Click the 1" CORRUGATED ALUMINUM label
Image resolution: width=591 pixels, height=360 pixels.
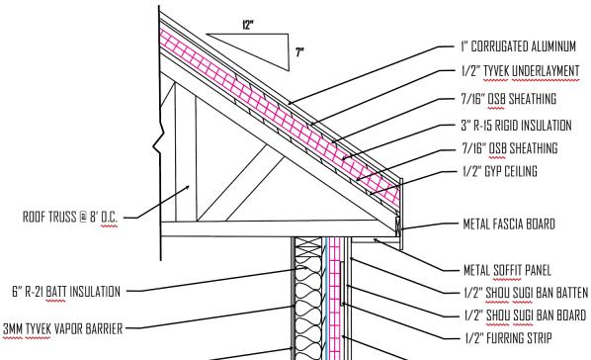[x=518, y=46]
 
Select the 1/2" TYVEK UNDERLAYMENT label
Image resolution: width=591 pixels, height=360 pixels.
[x=520, y=71]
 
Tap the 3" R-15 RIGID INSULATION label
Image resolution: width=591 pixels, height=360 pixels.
[x=516, y=126]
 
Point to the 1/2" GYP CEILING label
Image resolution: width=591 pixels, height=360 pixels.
[x=500, y=171]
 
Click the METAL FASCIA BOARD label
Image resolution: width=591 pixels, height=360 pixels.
[x=509, y=224]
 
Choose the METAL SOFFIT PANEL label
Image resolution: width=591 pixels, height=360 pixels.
[x=507, y=270]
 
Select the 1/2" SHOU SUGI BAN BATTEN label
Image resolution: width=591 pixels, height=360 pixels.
[x=526, y=293]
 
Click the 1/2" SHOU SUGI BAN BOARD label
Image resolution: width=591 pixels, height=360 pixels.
[x=525, y=315]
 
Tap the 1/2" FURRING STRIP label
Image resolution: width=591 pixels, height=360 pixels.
[x=508, y=337]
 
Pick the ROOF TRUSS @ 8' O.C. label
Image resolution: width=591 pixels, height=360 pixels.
[x=70, y=217]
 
